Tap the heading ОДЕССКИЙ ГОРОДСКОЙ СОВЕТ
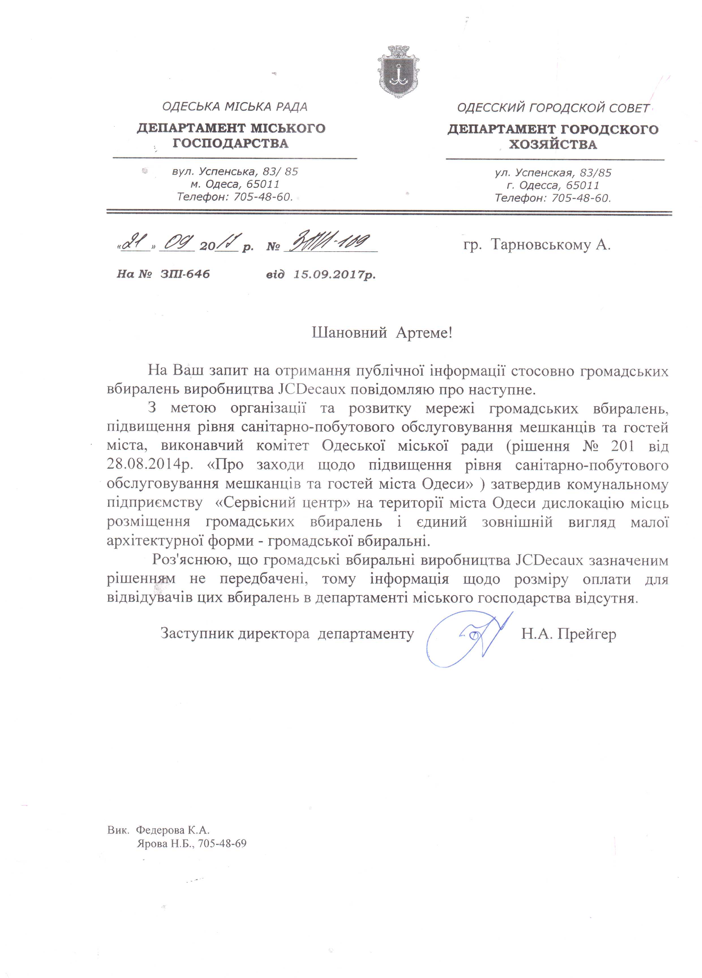point(553,108)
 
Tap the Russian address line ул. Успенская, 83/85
point(553,173)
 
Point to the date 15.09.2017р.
point(334,274)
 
